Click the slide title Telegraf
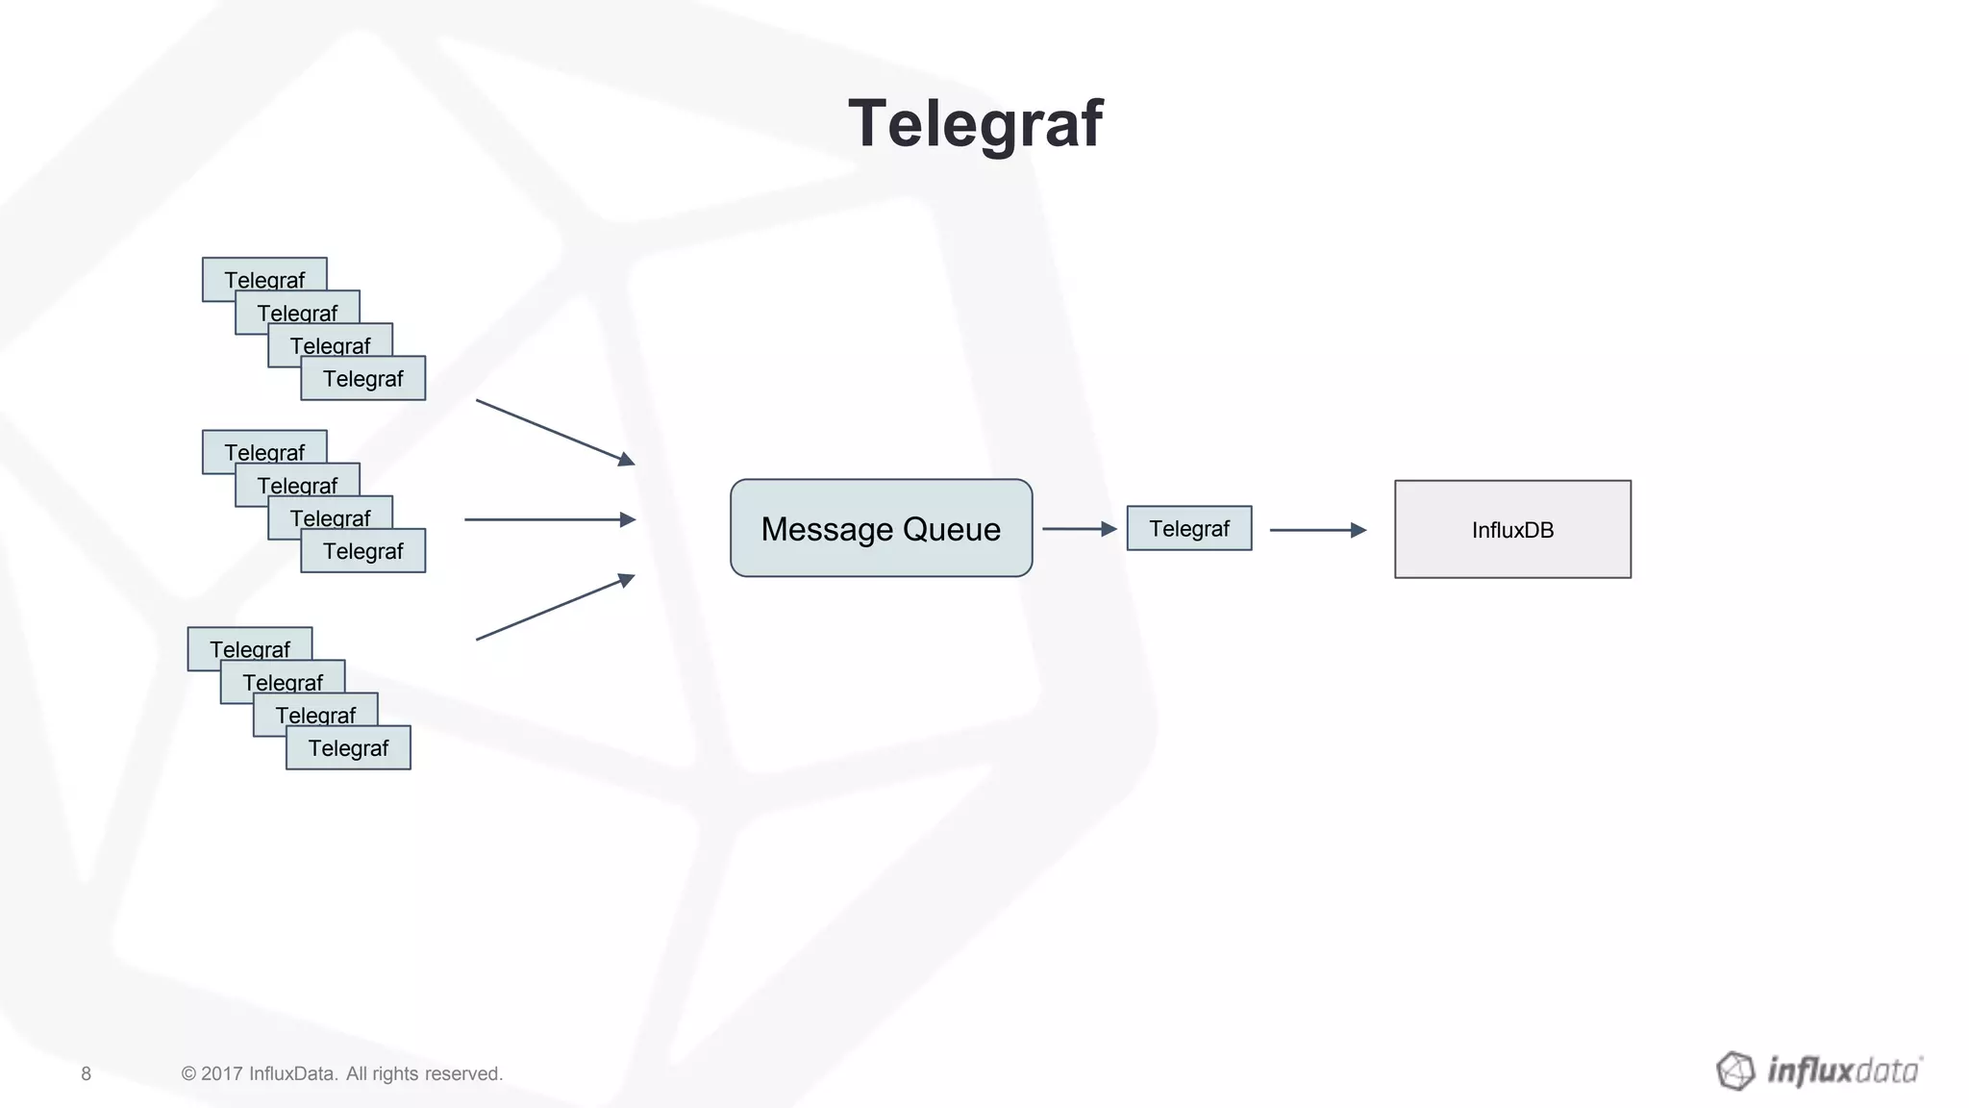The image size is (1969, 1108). coord(975,124)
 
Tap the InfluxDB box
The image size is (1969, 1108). coord(1512,530)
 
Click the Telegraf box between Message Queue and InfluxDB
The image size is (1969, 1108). coord(1189,529)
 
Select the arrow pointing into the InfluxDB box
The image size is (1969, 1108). coord(1317,530)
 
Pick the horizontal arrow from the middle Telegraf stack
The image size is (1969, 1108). coord(549,519)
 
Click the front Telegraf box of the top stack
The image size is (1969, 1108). coord(363,379)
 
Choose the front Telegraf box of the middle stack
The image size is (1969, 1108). coord(363,551)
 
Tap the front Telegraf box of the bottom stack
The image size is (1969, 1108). coord(348,748)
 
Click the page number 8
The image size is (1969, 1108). coord(86,1074)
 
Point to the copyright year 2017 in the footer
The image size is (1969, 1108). coord(221,1074)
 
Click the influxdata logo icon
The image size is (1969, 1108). coord(1735,1070)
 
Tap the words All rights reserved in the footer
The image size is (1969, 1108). coord(424,1074)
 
